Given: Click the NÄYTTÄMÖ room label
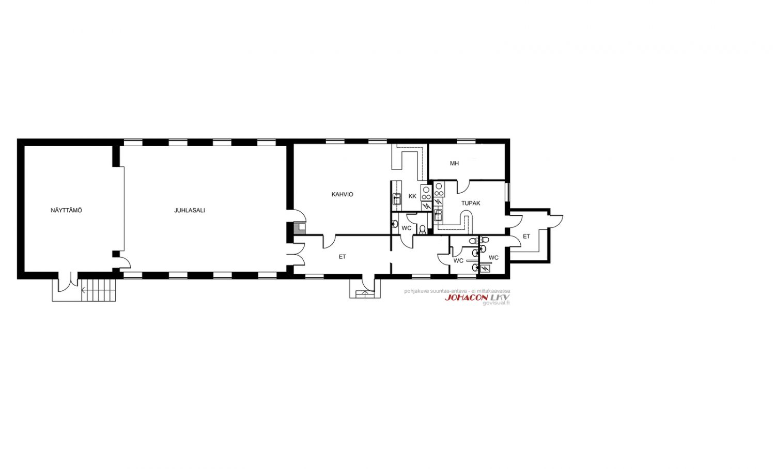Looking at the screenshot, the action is [67, 210].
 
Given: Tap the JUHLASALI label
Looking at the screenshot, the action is [190, 210].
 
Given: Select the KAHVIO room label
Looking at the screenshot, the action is [342, 194].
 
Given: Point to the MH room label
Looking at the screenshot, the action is [454, 163].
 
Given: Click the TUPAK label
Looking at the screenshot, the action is [471, 203].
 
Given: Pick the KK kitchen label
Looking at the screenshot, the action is [412, 196].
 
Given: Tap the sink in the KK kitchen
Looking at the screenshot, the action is [397, 199].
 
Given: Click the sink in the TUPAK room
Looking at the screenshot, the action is [438, 215].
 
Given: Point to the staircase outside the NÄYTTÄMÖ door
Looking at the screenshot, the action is [98, 289].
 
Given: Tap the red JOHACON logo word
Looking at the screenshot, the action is [467, 298].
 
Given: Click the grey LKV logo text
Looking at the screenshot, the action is [500, 298].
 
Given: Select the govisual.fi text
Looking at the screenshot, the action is [496, 303].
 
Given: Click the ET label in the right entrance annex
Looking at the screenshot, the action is [526, 237].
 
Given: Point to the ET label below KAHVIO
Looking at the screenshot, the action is [342, 257].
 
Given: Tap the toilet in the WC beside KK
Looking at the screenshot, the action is [422, 229].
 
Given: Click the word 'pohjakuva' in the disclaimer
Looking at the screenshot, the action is [414, 291].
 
